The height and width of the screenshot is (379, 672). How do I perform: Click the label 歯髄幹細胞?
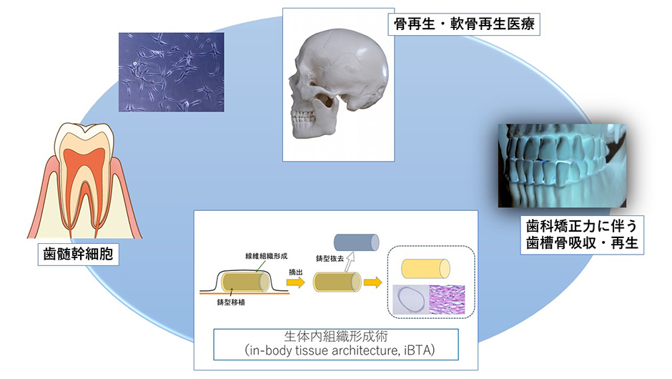[78, 254]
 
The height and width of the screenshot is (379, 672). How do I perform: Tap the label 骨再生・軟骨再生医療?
[464, 24]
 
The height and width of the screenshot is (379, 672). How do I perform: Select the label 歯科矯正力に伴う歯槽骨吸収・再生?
[582, 235]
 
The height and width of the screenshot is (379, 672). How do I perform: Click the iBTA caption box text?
[336, 344]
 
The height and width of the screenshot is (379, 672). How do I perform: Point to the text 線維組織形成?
[266, 256]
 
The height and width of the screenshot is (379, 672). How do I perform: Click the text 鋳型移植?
[231, 302]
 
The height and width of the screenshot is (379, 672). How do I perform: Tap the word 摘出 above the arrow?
[296, 272]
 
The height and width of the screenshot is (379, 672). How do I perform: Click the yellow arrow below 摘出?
[296, 282]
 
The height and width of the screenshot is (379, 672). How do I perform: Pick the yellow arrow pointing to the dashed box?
[373, 282]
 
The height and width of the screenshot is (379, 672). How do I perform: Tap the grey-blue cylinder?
[356, 242]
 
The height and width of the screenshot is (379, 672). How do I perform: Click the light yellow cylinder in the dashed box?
[425, 269]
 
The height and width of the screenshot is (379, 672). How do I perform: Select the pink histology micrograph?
[447, 300]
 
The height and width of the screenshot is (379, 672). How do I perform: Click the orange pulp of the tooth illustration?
[84, 172]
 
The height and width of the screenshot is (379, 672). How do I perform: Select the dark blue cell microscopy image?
[172, 72]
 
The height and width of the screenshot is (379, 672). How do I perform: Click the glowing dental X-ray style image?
[562, 166]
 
